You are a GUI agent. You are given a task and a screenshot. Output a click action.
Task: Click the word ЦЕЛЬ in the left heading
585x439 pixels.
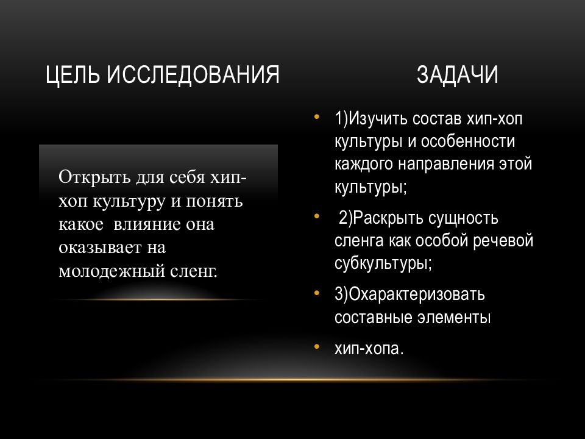click(73, 74)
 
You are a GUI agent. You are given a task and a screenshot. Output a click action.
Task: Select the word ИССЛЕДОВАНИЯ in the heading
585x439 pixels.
click(193, 74)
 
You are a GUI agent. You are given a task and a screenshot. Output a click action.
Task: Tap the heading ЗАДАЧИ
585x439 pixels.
click(457, 74)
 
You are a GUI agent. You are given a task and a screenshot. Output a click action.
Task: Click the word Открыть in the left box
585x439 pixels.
click(94, 177)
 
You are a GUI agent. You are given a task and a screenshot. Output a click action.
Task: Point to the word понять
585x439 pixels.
click(214, 202)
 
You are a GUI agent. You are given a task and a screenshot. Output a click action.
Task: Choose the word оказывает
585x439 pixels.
click(100, 248)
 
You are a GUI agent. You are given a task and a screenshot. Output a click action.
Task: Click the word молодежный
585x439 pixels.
click(112, 271)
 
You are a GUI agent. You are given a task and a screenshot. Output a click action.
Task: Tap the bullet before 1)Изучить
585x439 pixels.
click(317, 116)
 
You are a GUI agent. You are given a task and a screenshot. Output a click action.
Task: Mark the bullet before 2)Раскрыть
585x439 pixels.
click(317, 216)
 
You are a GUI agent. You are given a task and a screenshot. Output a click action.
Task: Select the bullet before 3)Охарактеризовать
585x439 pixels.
click(317, 293)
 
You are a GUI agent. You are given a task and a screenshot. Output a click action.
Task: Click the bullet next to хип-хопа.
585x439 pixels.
click(317, 347)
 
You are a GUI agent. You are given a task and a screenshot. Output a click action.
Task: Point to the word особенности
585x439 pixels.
click(468, 141)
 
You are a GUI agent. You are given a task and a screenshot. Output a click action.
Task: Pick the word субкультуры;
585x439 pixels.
click(383, 264)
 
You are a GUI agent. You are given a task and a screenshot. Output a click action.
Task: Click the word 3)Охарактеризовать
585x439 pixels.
click(409, 295)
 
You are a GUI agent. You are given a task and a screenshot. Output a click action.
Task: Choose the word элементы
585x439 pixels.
click(453, 318)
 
